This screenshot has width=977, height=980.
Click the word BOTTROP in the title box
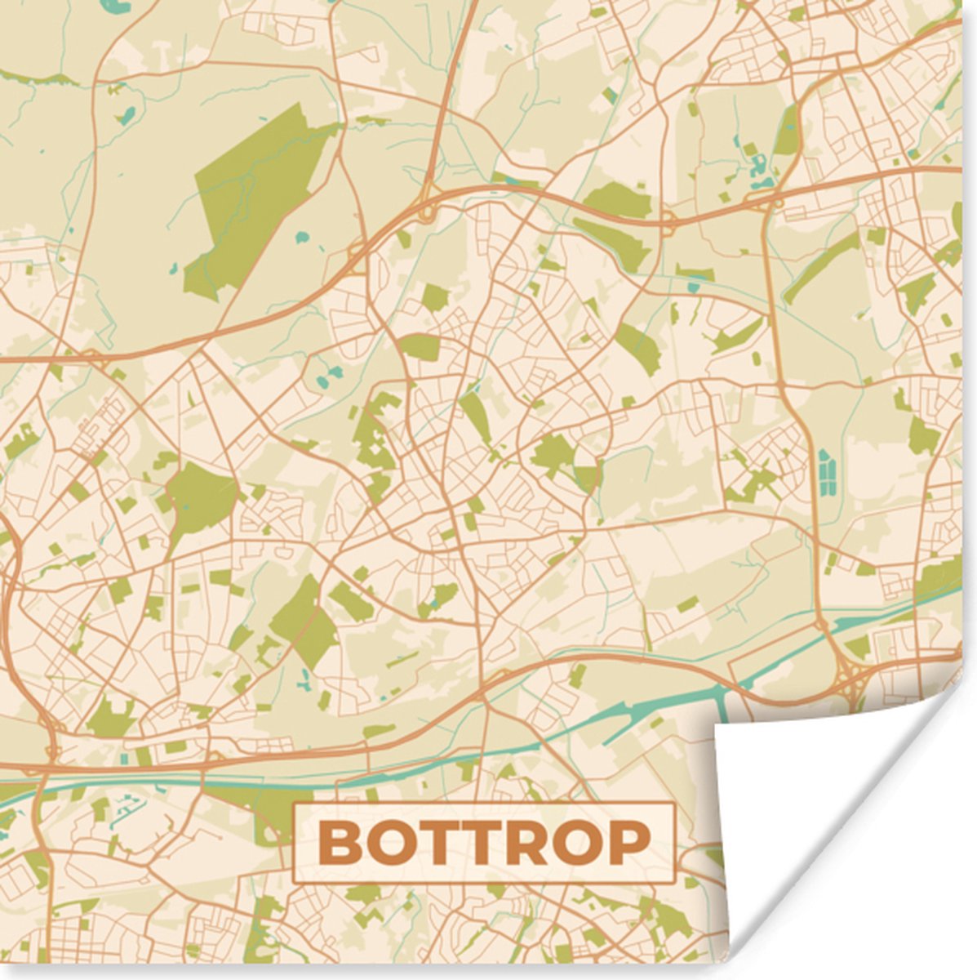484,844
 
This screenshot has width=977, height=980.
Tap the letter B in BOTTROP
335,844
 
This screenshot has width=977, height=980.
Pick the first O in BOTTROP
381,844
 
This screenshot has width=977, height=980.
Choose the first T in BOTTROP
427,844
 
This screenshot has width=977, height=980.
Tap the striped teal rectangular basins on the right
827,472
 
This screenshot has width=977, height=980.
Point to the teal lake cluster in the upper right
757,163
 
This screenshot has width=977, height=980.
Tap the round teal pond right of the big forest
304,238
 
